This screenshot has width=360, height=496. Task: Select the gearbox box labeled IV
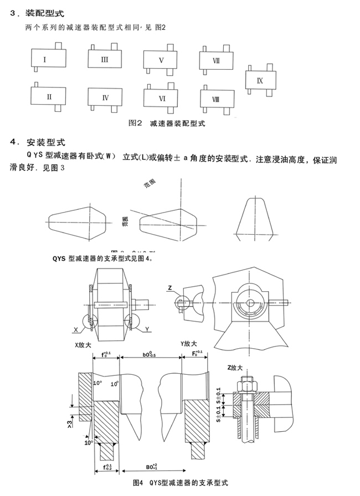click(105, 97)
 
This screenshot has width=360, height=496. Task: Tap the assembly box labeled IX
click(261, 80)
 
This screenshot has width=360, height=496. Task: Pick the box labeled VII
click(217, 61)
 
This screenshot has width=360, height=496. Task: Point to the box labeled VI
click(162, 98)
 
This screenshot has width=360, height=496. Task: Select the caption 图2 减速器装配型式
click(166, 123)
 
